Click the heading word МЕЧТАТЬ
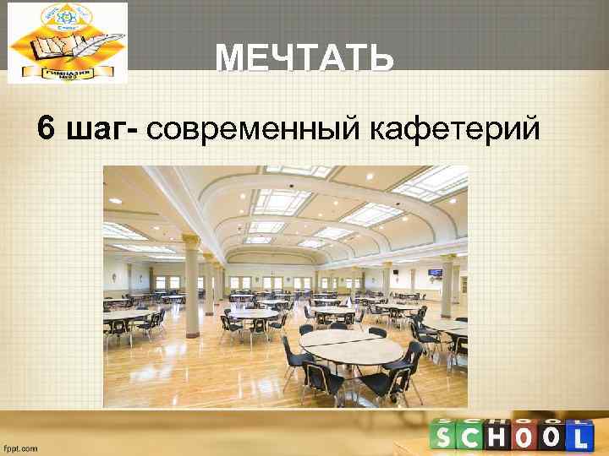[x=304, y=58]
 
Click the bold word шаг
[x=99, y=130]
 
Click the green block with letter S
[x=444, y=437]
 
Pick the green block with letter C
[x=475, y=437]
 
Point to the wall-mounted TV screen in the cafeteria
[x=435, y=274]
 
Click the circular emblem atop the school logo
[x=68, y=16]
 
